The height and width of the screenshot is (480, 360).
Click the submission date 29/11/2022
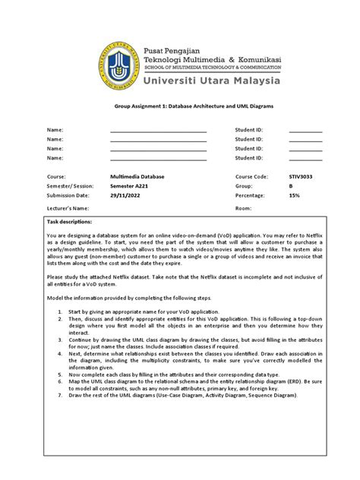[x=126, y=196]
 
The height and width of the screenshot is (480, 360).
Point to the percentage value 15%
[x=295, y=196]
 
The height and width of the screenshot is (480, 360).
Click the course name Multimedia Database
[x=137, y=176]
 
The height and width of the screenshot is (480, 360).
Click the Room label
[x=243, y=207]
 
